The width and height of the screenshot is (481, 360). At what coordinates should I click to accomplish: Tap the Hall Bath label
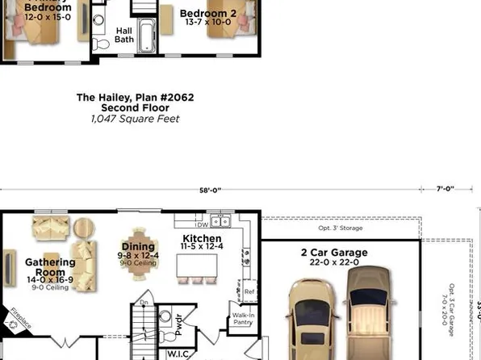pyautogui.click(x=124, y=35)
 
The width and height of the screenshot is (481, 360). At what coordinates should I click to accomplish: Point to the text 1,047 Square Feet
pyautogui.click(x=135, y=119)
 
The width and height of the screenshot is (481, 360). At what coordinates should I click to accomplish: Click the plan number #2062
pyautogui.click(x=177, y=97)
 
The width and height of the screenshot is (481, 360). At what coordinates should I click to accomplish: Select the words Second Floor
pyautogui.click(x=135, y=107)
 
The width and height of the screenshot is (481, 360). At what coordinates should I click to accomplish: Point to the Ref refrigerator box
pyautogui.click(x=249, y=292)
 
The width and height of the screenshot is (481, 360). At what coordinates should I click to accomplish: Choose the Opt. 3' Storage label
pyautogui.click(x=341, y=228)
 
